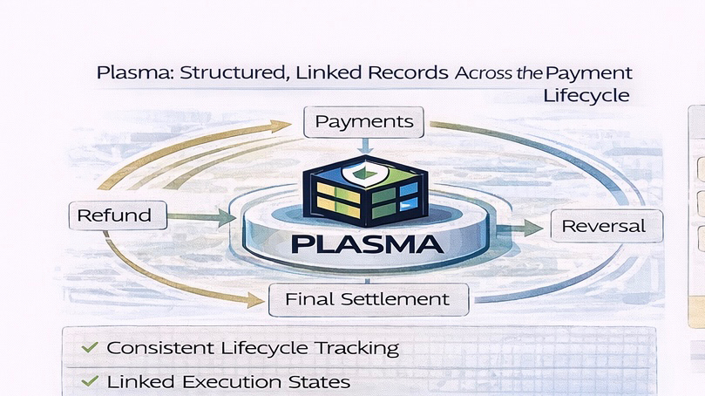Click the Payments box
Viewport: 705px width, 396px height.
(x=364, y=121)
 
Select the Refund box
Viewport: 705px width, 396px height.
(x=114, y=215)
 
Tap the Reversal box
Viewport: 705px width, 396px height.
(x=604, y=227)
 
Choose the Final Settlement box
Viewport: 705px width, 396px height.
(x=368, y=299)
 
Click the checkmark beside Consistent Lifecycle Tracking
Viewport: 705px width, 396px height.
(x=89, y=347)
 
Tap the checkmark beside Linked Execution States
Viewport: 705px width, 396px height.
(x=89, y=381)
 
